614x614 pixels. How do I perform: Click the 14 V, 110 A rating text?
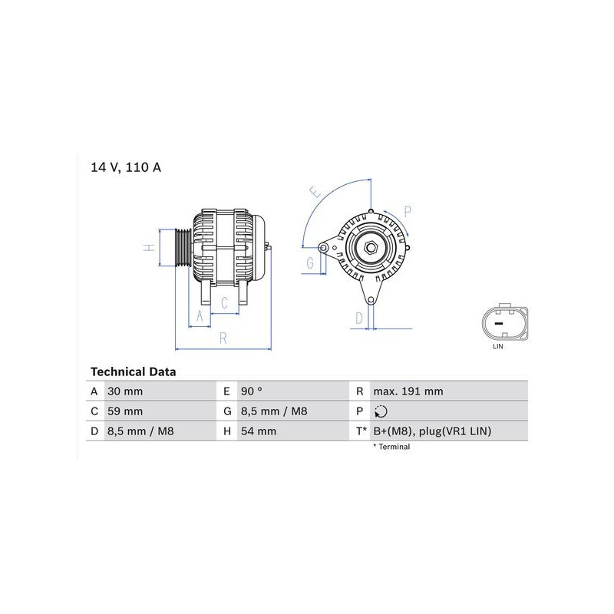coord(126,167)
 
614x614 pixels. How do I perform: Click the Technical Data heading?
coord(133,371)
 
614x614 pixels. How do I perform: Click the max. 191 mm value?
coord(408,391)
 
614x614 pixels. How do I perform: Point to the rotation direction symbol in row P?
coord(381,411)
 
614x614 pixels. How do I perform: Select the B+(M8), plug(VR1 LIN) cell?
coord(432,431)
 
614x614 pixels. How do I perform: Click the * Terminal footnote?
coord(391,447)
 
